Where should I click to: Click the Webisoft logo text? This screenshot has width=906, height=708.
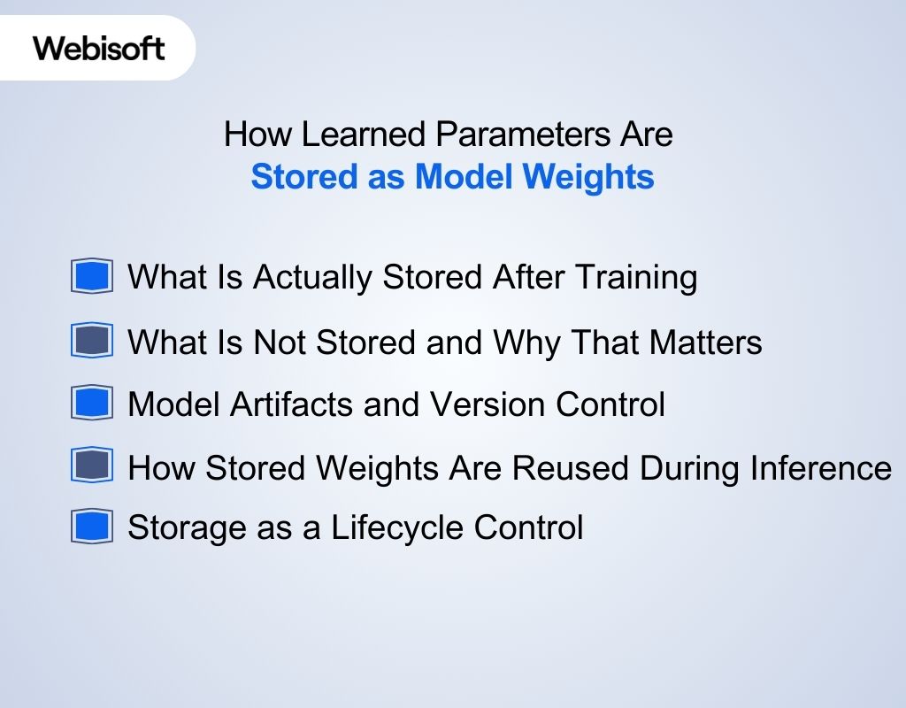coord(99,48)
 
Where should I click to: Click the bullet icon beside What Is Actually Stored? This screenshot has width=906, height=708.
coord(92,277)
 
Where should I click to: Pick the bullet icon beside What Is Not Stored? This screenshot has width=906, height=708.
coord(92,341)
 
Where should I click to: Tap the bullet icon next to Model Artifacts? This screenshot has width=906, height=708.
coord(92,404)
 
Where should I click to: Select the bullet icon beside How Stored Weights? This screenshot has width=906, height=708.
coord(92,466)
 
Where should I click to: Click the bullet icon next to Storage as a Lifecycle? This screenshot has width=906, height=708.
coord(92,527)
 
